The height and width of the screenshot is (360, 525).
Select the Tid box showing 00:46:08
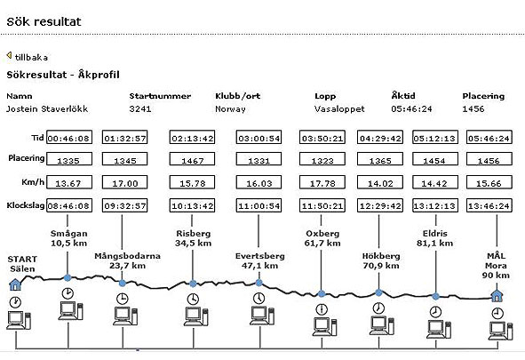point(69,137)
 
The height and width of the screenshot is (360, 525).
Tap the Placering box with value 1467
point(192,159)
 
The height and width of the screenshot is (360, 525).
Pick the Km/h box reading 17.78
point(322,182)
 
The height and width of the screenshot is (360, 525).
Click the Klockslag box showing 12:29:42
point(380,205)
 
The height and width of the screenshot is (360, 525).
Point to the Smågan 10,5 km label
point(69,238)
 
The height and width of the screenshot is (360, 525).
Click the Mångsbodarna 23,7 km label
point(127,260)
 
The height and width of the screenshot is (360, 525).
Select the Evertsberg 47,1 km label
point(259,260)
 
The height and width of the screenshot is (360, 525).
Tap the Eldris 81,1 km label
point(434,238)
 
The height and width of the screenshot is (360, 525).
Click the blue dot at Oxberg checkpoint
point(322,293)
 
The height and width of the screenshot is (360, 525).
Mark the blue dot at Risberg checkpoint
point(193,284)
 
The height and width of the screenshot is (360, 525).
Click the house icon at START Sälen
point(15,284)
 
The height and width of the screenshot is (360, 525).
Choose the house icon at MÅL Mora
point(497,295)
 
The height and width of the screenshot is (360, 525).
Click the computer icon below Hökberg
point(382,325)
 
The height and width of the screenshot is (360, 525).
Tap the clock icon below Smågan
point(68,293)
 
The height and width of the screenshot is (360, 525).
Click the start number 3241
point(140,108)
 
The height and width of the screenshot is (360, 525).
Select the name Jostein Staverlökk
point(47,108)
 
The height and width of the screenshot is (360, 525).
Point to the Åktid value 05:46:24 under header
point(411,108)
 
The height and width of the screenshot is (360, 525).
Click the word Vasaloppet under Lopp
point(339,109)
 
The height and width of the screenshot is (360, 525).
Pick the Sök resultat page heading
point(44,21)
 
